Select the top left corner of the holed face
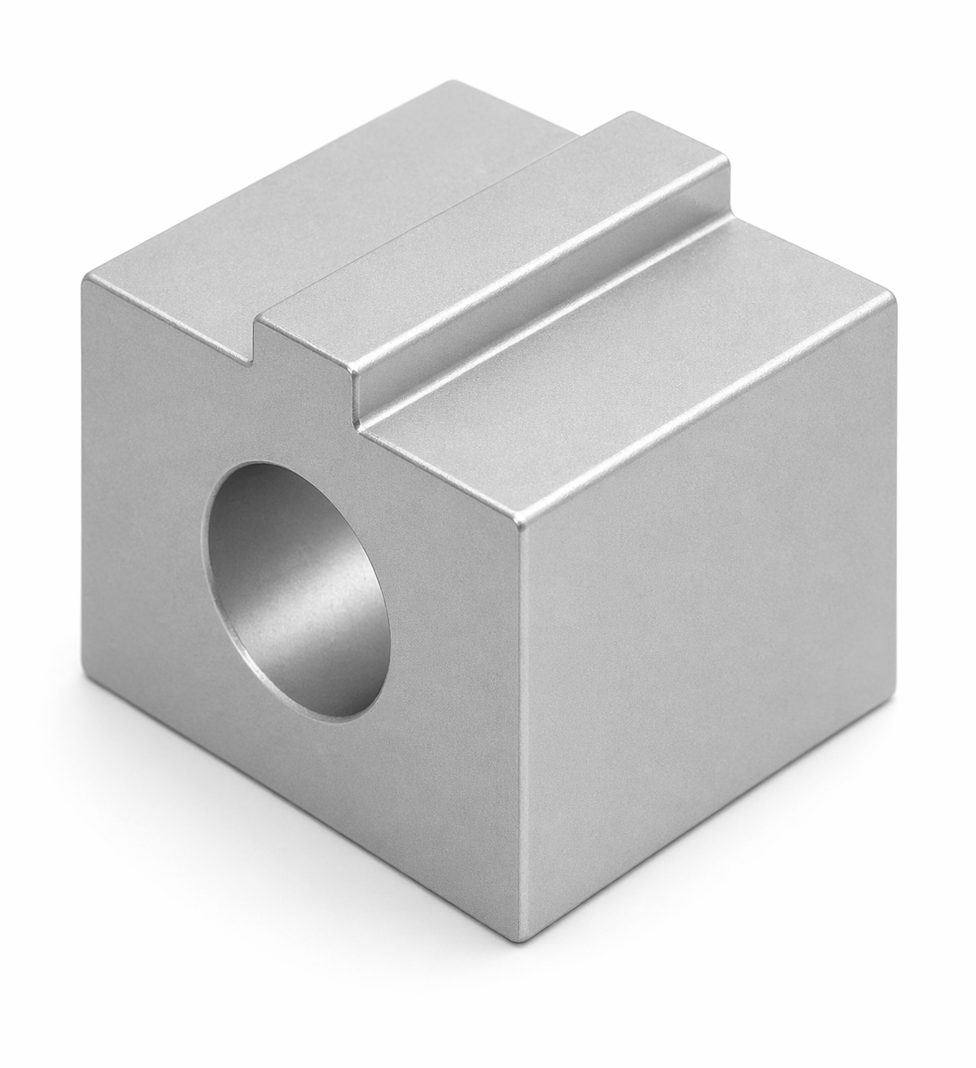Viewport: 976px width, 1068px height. click(83, 279)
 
